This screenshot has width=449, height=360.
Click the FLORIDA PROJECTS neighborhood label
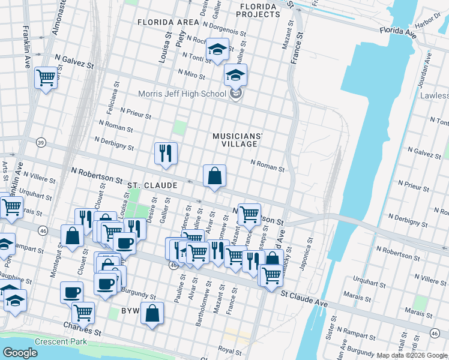258,10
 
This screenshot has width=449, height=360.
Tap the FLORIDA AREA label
168,22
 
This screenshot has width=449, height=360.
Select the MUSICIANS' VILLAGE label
238,140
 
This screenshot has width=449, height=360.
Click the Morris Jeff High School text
182,94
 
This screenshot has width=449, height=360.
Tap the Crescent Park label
61,342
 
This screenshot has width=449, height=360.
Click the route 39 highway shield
41,142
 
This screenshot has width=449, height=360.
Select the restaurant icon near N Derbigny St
166,153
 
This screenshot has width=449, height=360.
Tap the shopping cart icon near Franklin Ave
46,77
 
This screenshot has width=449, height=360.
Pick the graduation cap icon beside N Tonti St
217,49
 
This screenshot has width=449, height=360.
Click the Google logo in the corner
20,352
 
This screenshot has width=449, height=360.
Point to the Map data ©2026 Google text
411,355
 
